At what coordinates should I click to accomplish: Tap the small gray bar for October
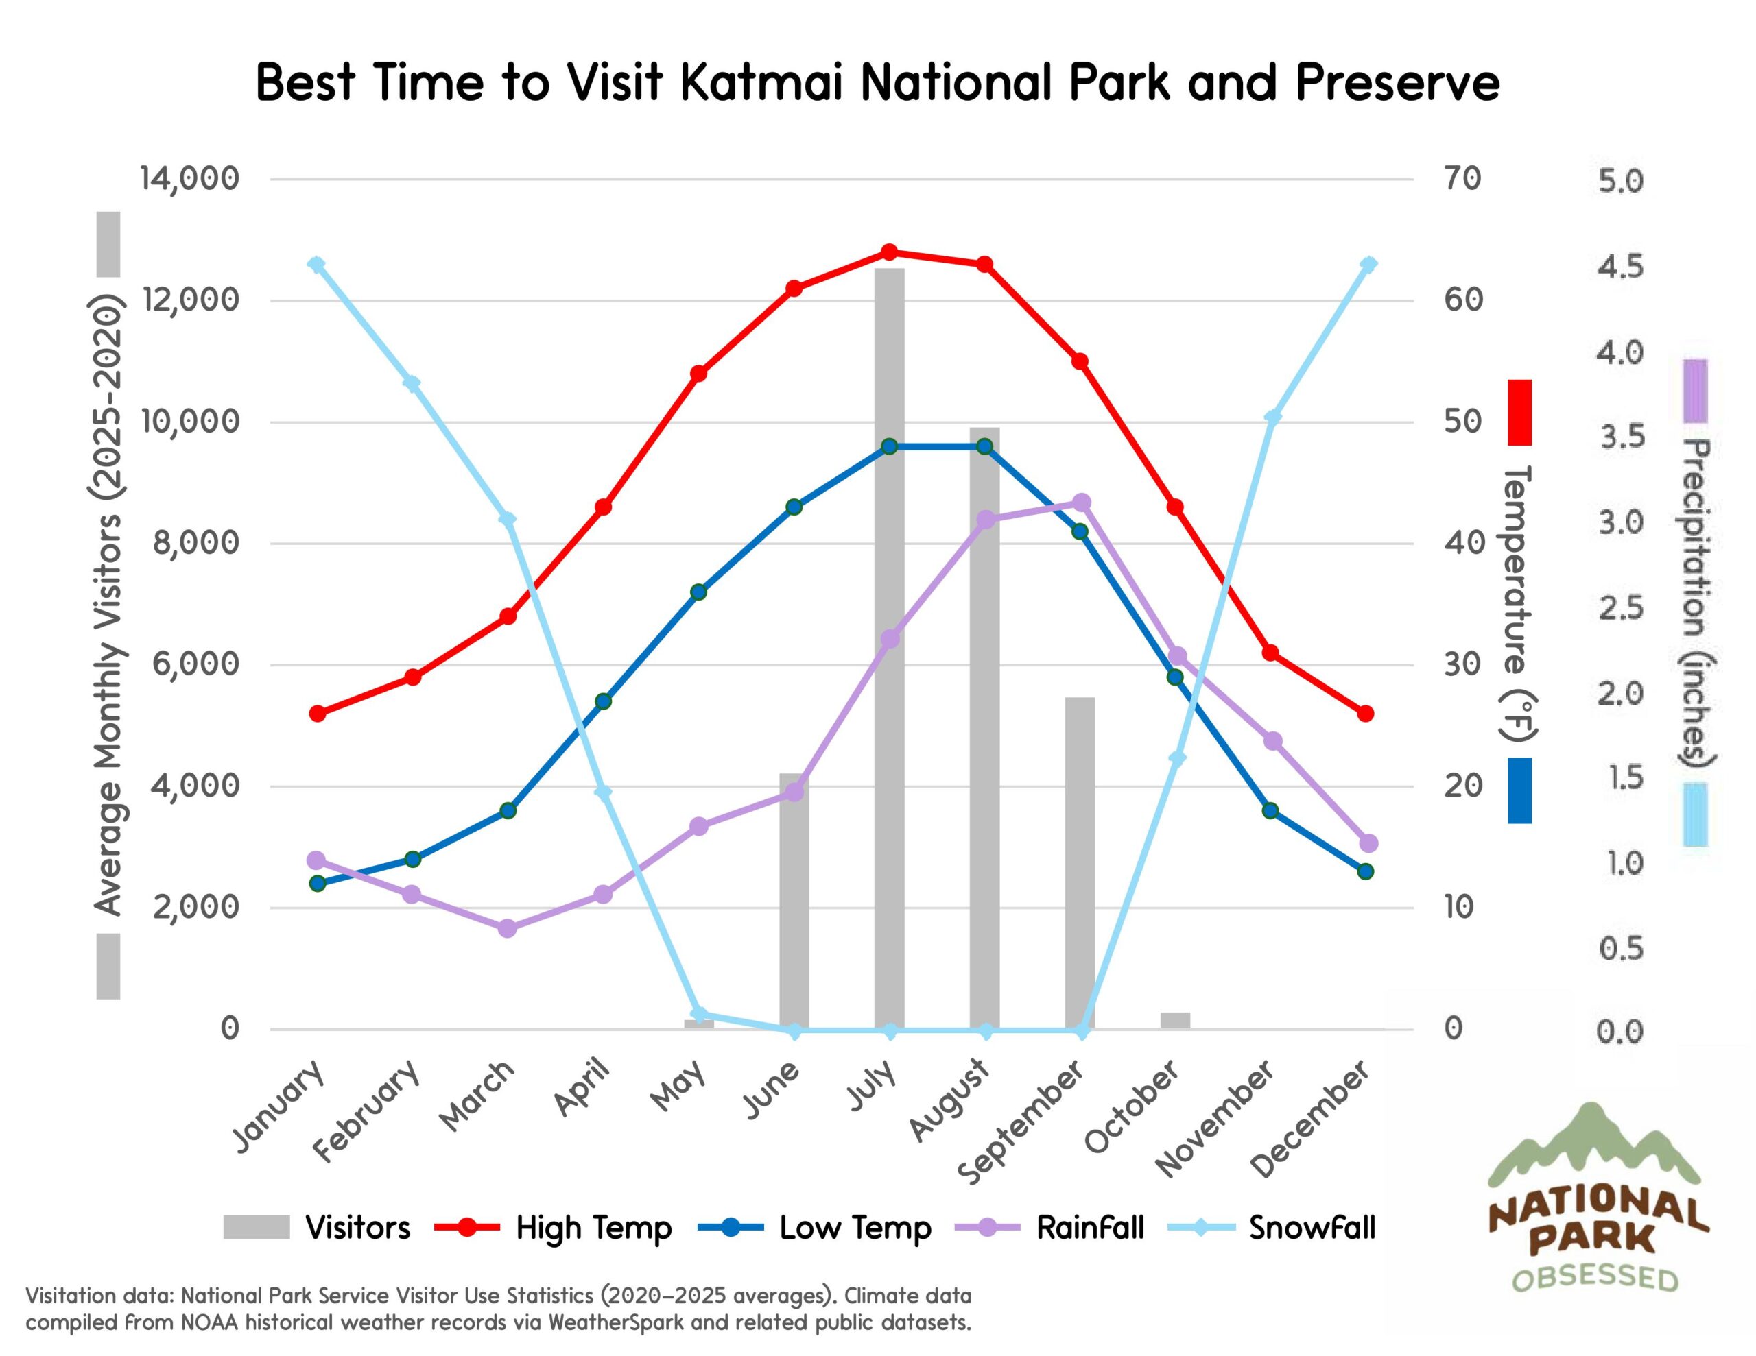click(x=1175, y=1020)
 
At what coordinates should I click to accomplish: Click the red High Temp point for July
click(x=889, y=252)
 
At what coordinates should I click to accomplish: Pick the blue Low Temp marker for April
click(x=604, y=701)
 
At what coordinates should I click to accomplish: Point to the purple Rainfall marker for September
click(x=1082, y=503)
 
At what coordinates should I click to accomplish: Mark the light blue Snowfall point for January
click(x=317, y=265)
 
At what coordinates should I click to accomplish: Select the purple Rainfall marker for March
click(x=508, y=928)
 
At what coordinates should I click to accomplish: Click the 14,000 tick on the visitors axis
click(x=190, y=178)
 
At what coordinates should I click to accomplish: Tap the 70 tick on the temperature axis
click(x=1462, y=178)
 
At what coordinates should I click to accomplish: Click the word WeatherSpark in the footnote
click(x=616, y=1322)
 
